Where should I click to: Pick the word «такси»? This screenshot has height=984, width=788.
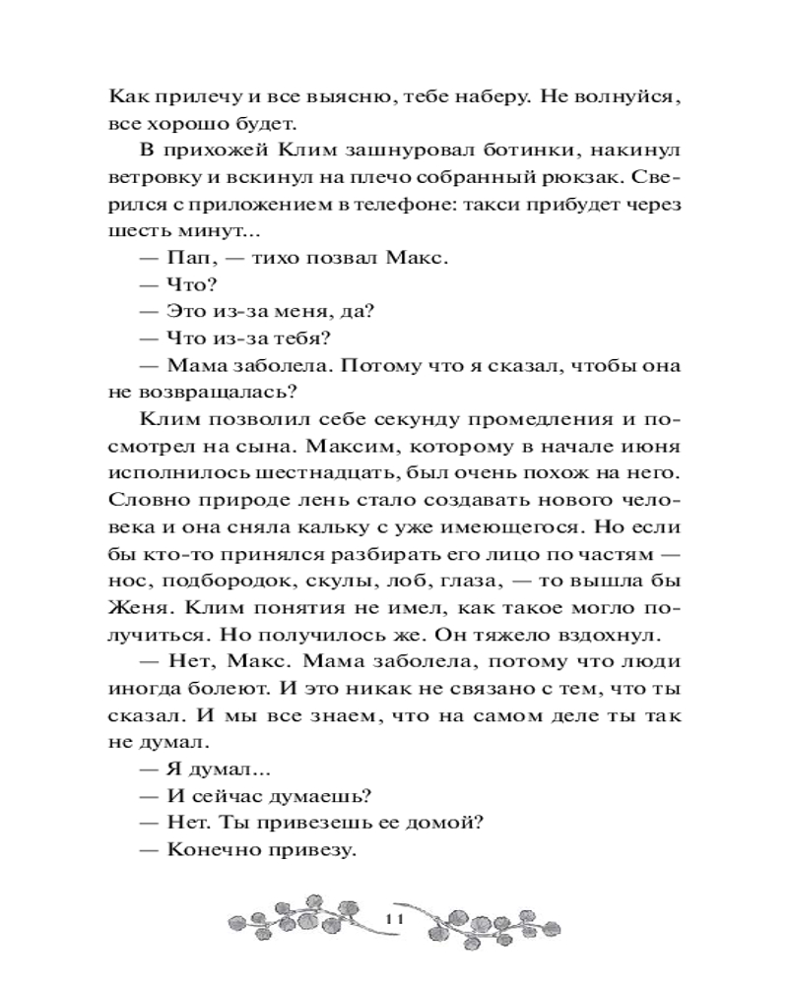click(x=519, y=212)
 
